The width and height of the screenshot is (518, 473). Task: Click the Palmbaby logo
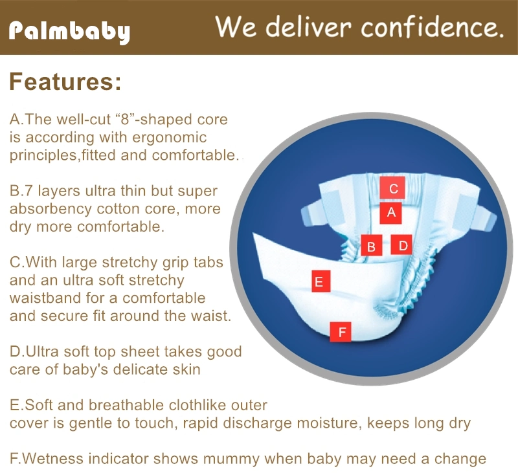point(69,32)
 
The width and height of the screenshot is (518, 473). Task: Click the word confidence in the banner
point(432,27)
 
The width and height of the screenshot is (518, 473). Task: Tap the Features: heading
point(65,82)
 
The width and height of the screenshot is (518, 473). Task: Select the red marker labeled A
point(391,213)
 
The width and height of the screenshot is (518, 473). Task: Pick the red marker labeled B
point(371,245)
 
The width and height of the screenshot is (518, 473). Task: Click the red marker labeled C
point(392,188)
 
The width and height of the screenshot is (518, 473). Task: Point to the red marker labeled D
point(401,245)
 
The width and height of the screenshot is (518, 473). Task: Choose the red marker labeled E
point(321,281)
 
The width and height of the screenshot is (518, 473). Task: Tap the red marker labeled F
point(341,332)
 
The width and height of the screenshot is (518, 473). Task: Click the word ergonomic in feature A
point(170,138)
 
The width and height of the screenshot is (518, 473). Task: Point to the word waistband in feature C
point(45,298)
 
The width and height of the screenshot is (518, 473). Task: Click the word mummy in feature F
point(231,459)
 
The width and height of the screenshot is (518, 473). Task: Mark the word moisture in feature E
point(328,423)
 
